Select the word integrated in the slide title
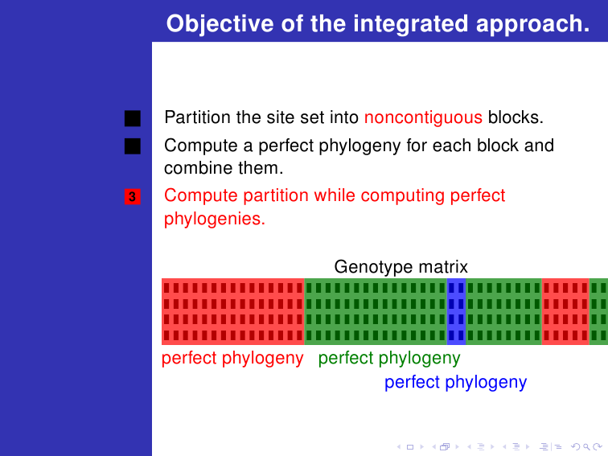411,24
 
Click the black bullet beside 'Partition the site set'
133,118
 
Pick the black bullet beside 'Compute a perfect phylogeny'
133,146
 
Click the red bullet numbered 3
133,196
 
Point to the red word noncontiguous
423,117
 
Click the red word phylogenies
215,219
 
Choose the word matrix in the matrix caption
443,267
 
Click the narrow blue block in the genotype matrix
456,311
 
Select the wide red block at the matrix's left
233,311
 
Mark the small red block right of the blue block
565,311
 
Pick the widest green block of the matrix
376,311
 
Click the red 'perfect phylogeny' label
232,359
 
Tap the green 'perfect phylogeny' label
389,359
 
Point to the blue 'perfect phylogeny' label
456,382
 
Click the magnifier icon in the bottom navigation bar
586,447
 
